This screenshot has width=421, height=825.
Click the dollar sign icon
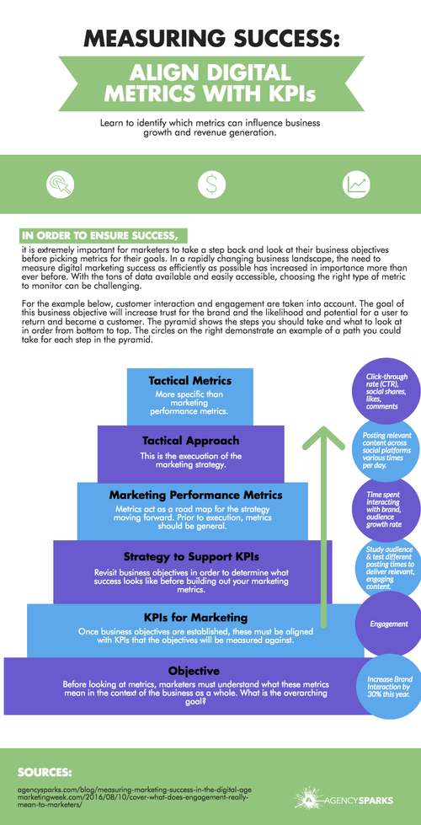[x=210, y=184]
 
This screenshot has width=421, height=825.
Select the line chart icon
[x=354, y=184]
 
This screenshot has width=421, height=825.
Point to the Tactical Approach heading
[x=189, y=440]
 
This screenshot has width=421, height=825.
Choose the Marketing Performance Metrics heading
[x=195, y=495]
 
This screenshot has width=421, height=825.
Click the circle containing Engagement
[x=388, y=624]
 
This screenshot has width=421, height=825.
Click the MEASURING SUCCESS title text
[x=210, y=40]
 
